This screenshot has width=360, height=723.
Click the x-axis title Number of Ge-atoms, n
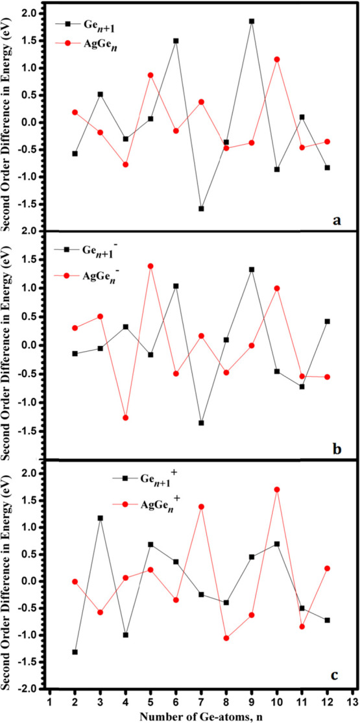pyautogui.click(x=200, y=715)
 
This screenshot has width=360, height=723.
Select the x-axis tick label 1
pyautogui.click(x=50, y=701)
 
